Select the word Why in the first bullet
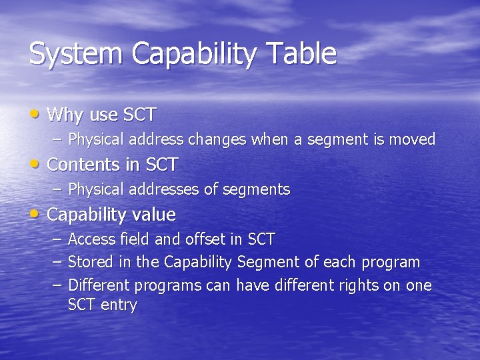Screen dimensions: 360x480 65,115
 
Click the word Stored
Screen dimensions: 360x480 90,262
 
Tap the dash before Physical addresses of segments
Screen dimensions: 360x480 55,189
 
